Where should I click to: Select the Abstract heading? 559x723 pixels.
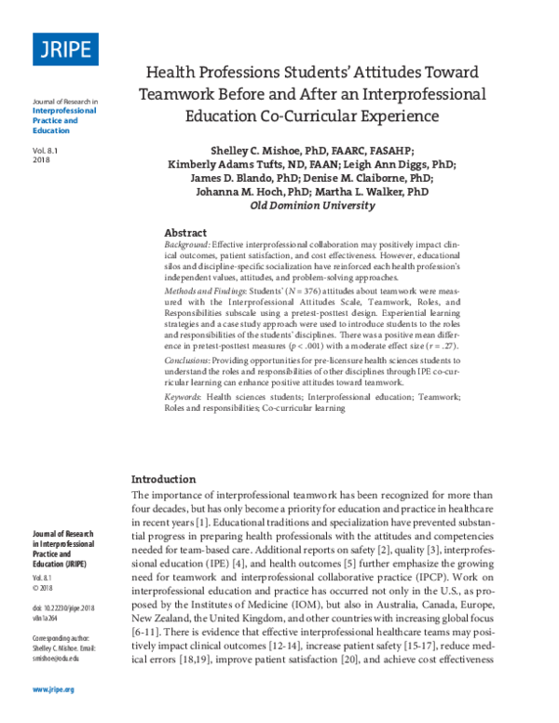(185, 232)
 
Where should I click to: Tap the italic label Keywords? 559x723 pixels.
(184, 396)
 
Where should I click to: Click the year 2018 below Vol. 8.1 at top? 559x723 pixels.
(41, 161)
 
